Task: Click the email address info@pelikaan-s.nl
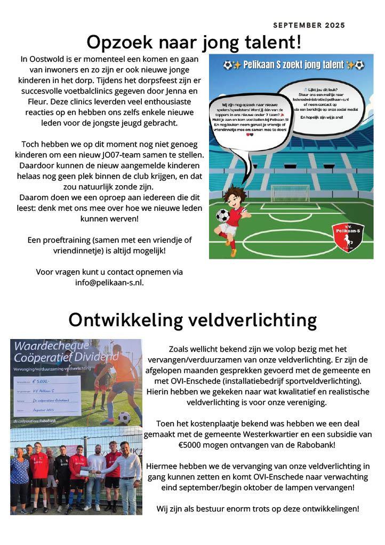point(109,283)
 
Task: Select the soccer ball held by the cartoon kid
point(222,216)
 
